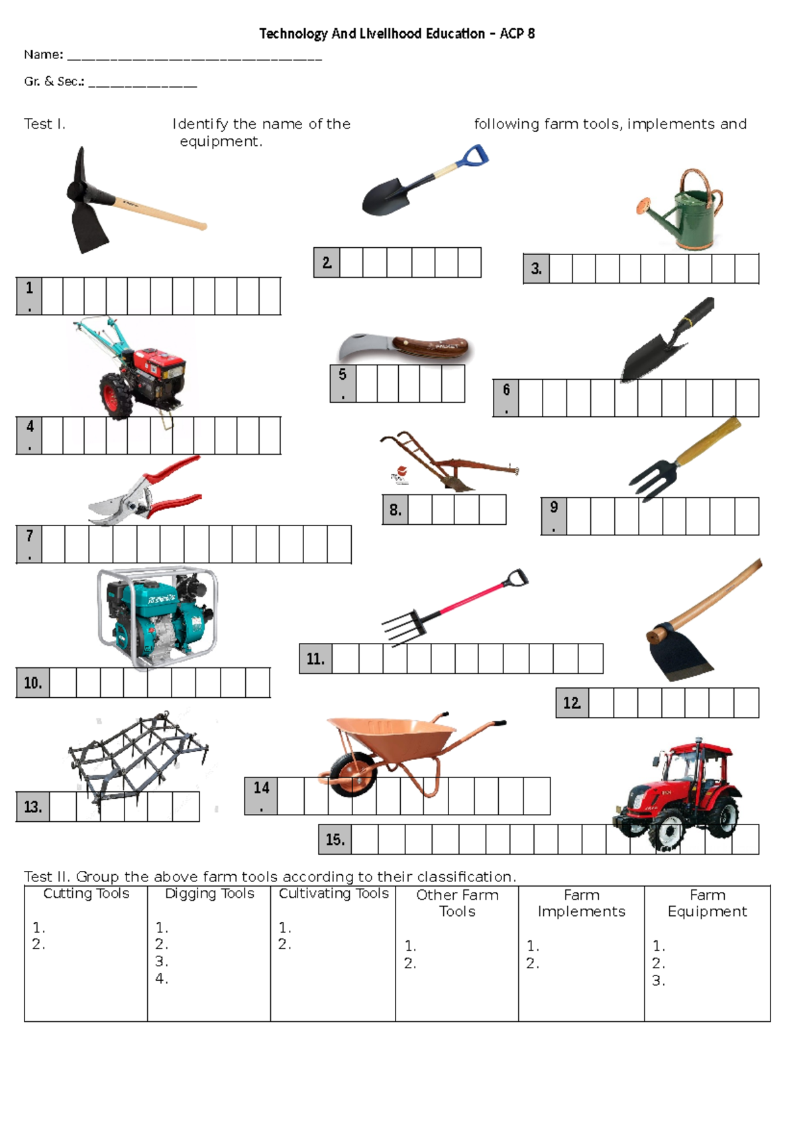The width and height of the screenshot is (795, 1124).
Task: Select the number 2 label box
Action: click(x=327, y=263)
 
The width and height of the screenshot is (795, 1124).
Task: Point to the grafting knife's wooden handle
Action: click(x=434, y=347)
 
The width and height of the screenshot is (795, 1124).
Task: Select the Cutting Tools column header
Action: click(x=86, y=893)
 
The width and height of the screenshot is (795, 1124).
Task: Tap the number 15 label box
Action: click(x=335, y=840)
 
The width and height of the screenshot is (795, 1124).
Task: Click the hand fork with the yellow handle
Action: click(x=682, y=461)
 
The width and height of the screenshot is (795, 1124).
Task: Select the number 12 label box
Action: click(x=572, y=703)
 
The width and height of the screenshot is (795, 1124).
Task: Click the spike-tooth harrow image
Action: click(x=139, y=756)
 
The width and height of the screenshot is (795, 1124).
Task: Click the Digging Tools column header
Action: click(x=209, y=893)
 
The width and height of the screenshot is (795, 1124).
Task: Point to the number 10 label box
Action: click(x=32, y=683)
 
